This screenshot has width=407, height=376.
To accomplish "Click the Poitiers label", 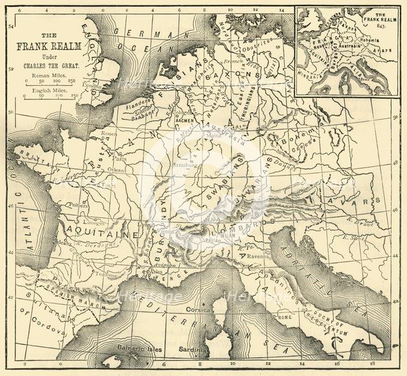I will tap(78, 205).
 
